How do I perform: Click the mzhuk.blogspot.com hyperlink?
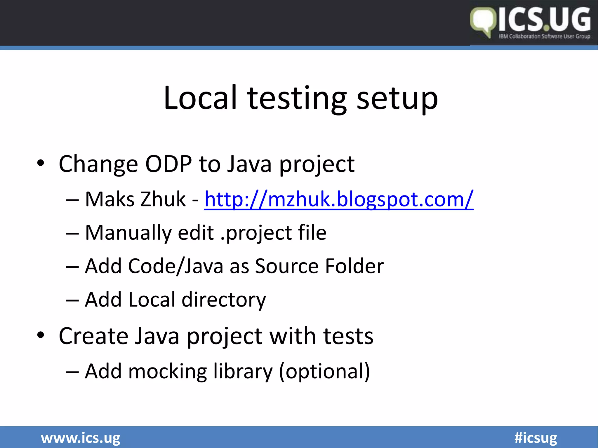pyautogui.click(x=339, y=199)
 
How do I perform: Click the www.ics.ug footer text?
pyautogui.click(x=81, y=438)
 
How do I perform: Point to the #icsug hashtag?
pyautogui.click(x=536, y=438)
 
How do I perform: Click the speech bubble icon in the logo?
pyautogui.click(x=483, y=22)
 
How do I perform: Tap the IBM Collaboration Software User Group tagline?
pyautogui.click(x=544, y=36)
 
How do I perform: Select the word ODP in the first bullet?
pyautogui.click(x=168, y=164)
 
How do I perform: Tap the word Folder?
pyautogui.click(x=354, y=266)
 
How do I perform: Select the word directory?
pyautogui.click(x=224, y=300)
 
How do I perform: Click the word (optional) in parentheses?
pyautogui.click(x=324, y=372)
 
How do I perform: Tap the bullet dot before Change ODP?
pyautogui.click(x=41, y=163)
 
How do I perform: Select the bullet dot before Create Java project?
pyautogui.click(x=41, y=335)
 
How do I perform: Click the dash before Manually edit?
pyautogui.click(x=72, y=234)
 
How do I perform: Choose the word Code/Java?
pyautogui.click(x=175, y=266)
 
